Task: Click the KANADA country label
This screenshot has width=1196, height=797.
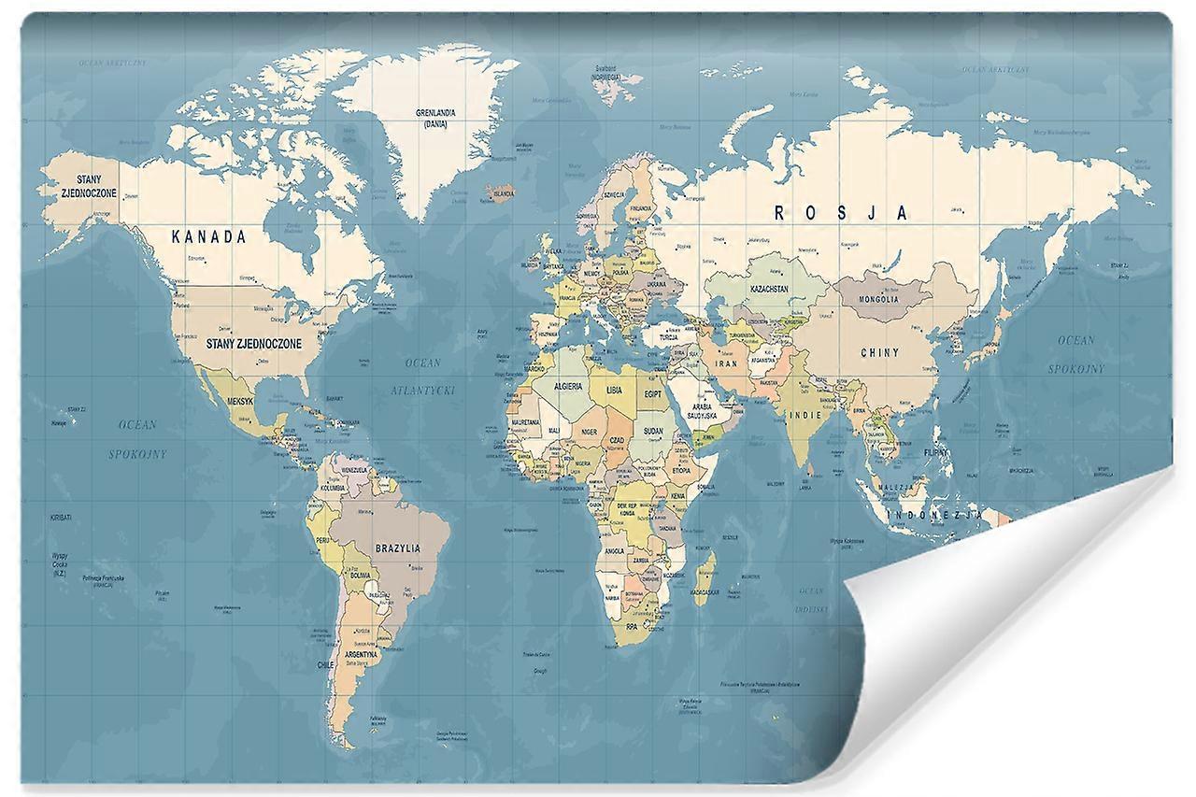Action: point(209,237)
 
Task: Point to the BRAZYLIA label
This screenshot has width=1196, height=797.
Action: point(398,548)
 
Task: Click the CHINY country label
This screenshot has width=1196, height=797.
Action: point(880,353)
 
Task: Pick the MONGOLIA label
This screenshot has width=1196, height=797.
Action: point(879,300)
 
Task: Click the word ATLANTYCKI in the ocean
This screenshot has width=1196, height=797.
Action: point(422,391)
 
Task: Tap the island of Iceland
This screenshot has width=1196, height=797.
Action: point(501,193)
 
